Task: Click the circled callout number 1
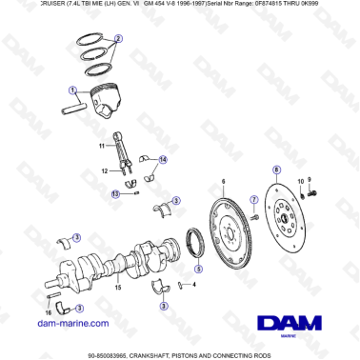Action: click(72, 90)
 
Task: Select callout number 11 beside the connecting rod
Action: click(100, 145)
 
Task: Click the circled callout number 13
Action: click(115, 193)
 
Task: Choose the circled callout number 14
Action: click(163, 159)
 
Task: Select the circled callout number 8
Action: click(275, 170)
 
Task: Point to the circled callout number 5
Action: click(198, 270)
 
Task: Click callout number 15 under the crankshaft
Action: click(117, 286)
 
